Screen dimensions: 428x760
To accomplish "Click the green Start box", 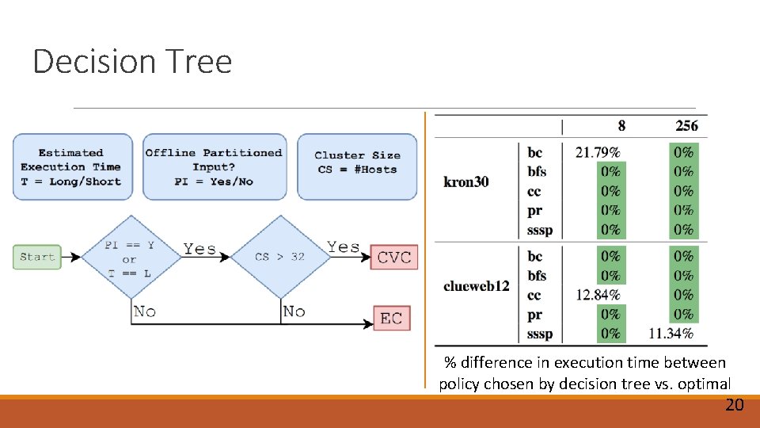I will click(37, 257).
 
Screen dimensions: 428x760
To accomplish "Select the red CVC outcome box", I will click(393, 257).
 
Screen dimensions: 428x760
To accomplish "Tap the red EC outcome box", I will click(392, 318).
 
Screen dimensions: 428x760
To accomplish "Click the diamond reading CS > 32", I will click(280, 257).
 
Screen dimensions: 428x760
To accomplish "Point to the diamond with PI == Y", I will click(130, 257).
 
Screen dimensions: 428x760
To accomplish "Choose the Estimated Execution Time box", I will click(71, 166).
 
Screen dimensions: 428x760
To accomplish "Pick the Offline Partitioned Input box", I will click(214, 166).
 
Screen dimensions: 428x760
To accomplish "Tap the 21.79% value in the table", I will click(598, 152).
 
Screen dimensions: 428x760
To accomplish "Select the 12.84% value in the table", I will click(598, 296).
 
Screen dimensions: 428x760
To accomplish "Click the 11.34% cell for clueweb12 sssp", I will click(671, 334).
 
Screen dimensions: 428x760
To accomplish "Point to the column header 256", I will click(686, 126).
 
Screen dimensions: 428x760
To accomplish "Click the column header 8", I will click(621, 126).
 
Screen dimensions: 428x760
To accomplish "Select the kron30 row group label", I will click(466, 182).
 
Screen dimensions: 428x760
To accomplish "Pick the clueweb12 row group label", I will click(477, 285).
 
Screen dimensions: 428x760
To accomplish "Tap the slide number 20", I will click(734, 405).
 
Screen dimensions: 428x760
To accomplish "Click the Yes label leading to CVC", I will click(343, 247).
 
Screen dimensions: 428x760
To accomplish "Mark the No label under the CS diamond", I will click(294, 311).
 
